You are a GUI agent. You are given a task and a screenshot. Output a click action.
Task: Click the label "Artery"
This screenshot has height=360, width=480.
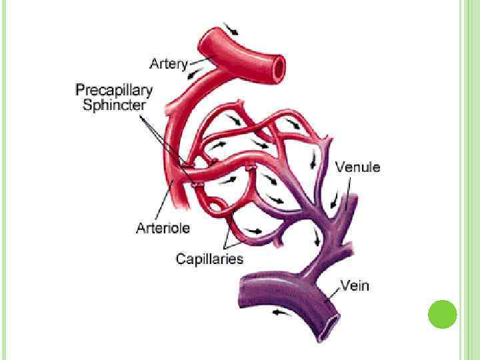click(169, 64)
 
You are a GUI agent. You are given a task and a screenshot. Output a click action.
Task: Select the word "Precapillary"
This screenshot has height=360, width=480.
click(113, 89)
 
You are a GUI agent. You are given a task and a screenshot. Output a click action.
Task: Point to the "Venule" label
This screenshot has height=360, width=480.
click(357, 167)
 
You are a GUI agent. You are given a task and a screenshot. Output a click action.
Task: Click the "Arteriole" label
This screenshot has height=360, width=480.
click(163, 228)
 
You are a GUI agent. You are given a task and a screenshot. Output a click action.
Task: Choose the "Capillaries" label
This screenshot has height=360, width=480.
click(209, 259)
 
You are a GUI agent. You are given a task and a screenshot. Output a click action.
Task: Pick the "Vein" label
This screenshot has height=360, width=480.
click(355, 287)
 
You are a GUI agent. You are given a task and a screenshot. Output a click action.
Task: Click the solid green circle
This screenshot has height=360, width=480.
click(441, 314)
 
